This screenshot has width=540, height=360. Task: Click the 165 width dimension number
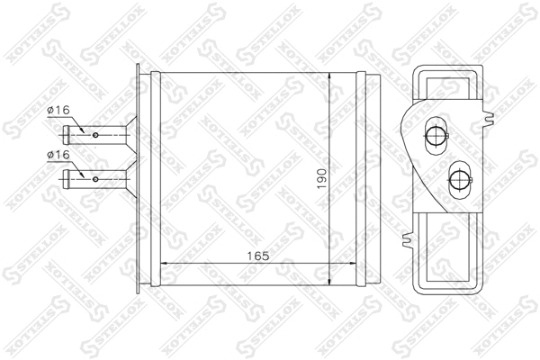[257, 256]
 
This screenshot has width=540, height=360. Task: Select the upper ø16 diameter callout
[58, 111]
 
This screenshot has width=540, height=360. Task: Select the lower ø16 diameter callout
[58, 155]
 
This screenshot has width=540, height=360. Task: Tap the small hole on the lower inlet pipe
[95, 178]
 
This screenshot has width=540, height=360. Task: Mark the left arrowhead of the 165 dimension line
[167, 265]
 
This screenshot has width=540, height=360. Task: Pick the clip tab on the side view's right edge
[490, 117]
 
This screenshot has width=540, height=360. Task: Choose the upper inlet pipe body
[103, 135]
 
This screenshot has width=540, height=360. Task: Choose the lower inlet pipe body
[103, 178]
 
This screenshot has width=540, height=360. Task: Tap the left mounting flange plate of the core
[138, 180]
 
